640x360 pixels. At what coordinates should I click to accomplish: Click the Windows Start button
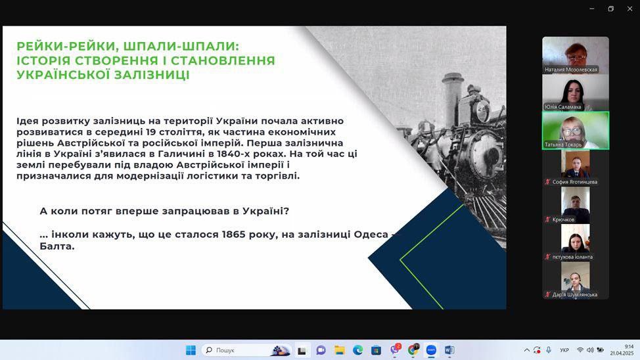pyautogui.click(x=191, y=349)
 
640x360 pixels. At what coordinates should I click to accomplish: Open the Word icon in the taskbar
pyautogui.click(x=449, y=349)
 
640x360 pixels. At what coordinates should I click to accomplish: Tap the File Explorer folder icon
pyautogui.click(x=340, y=349)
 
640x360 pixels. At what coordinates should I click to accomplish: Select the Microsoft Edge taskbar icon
pyautogui.click(x=358, y=349)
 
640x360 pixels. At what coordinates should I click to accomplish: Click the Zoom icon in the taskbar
pyautogui.click(x=431, y=349)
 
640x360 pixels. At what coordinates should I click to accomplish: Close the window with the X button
pyautogui.click(x=629, y=9)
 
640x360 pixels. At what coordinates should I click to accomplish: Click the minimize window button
pyautogui.click(x=592, y=9)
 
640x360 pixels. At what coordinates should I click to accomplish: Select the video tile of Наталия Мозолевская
pyautogui.click(x=576, y=55)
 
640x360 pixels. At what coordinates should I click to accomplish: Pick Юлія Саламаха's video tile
pyautogui.click(x=576, y=93)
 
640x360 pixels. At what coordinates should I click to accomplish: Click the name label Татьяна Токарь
pyautogui.click(x=563, y=145)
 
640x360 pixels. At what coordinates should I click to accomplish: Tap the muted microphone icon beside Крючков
pyautogui.click(x=548, y=219)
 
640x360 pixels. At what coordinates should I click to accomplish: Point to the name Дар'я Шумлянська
pyautogui.click(x=575, y=294)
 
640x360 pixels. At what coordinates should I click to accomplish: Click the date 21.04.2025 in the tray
pyautogui.click(x=622, y=353)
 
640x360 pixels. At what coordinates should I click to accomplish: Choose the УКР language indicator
pyautogui.click(x=564, y=350)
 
